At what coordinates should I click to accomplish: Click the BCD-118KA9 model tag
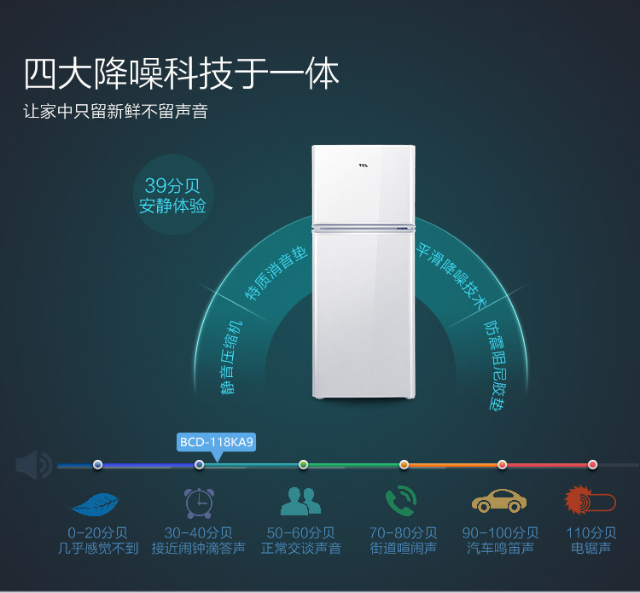pyautogui.click(x=217, y=442)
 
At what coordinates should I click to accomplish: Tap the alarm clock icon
pyautogui.click(x=199, y=503)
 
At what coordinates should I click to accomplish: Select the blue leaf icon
pyautogui.click(x=95, y=504)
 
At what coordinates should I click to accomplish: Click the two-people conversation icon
pyautogui.click(x=301, y=501)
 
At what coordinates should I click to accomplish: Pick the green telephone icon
pyautogui.click(x=401, y=501)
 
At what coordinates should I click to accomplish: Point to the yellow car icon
pyautogui.click(x=499, y=501)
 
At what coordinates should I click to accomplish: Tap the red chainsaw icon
pyautogui.click(x=591, y=500)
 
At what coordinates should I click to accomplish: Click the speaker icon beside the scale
pyautogui.click(x=34, y=464)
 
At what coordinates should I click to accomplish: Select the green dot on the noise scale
pyautogui.click(x=303, y=464)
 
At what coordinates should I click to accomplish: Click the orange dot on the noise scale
pyautogui.click(x=404, y=464)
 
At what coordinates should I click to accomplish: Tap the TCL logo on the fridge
pyautogui.click(x=364, y=166)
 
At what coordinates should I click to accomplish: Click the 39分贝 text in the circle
pyautogui.click(x=172, y=186)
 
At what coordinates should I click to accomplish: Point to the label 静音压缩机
pyautogui.click(x=231, y=358)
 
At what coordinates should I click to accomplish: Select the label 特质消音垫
pyautogui.click(x=276, y=273)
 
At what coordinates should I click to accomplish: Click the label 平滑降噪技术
pyautogui.click(x=451, y=275)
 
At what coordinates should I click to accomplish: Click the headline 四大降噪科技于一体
pyautogui.click(x=182, y=74)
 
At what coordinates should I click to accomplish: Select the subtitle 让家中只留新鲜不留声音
pyautogui.click(x=115, y=111)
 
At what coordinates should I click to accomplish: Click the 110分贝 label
pyautogui.click(x=591, y=532)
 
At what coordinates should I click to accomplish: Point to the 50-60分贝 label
pyautogui.click(x=301, y=532)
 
